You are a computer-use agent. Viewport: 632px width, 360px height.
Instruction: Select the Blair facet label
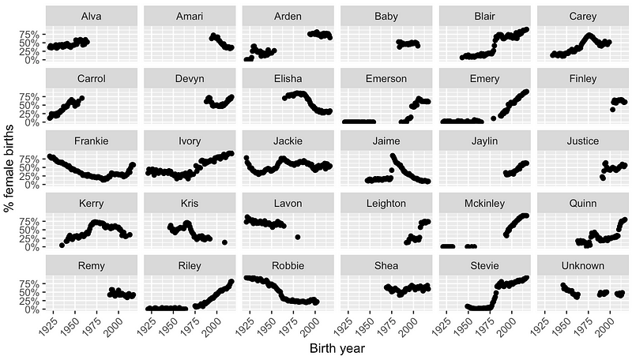pyautogui.click(x=483, y=16)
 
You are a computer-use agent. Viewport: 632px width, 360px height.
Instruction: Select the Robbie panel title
pyautogui.click(x=287, y=264)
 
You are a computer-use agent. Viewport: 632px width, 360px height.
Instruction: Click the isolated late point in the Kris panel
pyautogui.click(x=225, y=242)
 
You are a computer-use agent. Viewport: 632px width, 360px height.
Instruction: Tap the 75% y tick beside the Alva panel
pyautogui.click(x=32, y=35)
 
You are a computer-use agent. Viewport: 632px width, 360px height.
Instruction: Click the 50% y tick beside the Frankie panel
pyautogui.click(x=32, y=167)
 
